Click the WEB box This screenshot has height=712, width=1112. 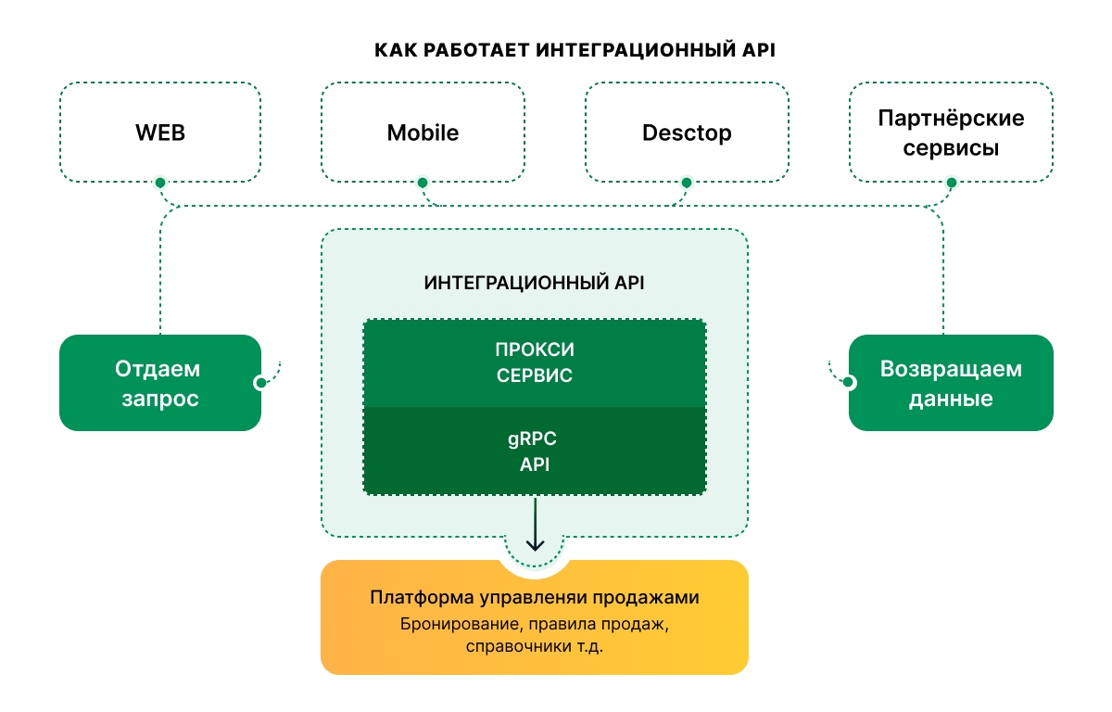(x=160, y=133)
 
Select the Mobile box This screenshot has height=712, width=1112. (x=423, y=133)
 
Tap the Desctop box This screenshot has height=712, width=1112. (x=687, y=133)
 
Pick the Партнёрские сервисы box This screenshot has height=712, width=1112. (x=951, y=133)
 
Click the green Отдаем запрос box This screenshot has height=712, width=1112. (x=159, y=383)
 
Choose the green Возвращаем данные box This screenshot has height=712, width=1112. (x=951, y=383)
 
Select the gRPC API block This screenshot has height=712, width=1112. (x=534, y=451)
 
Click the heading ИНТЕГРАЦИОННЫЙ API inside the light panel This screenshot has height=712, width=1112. (x=534, y=283)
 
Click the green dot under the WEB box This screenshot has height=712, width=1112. (x=160, y=183)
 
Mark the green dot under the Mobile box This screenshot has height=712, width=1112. (x=423, y=183)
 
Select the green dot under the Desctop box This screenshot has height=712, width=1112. (x=687, y=183)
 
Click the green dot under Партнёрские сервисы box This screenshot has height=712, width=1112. (x=951, y=183)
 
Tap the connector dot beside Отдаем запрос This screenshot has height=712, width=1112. (x=260, y=382)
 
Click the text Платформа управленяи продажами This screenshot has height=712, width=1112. (x=534, y=597)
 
